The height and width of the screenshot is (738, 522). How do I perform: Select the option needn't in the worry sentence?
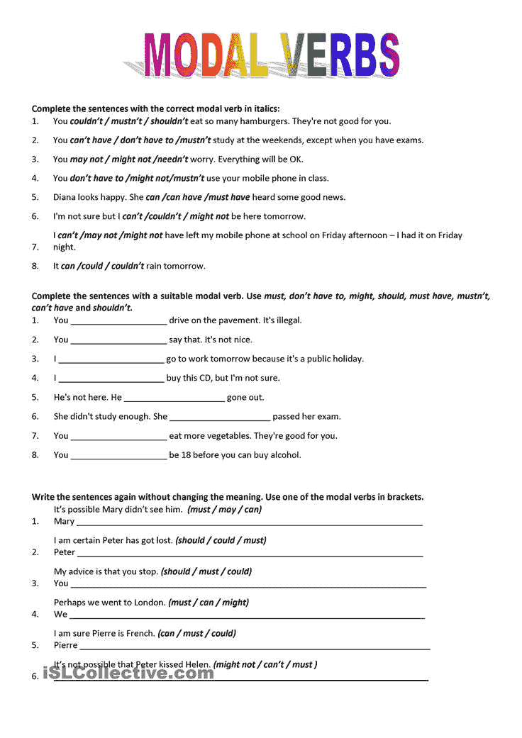[170, 159]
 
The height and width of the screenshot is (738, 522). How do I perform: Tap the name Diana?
[66, 197]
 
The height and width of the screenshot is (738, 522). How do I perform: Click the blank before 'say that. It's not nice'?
[118, 340]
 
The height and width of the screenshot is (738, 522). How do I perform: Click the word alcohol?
[284, 455]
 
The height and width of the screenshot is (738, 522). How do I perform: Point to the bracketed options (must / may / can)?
[224, 510]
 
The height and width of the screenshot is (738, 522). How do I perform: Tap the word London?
[149, 603]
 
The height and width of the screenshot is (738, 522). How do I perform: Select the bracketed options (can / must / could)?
[196, 634]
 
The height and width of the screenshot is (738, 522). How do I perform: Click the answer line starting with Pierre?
[255, 647]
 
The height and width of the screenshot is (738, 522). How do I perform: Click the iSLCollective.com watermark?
[128, 673]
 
